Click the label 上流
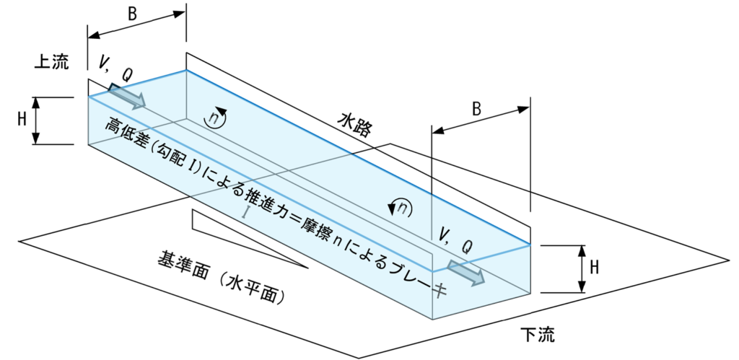tap(51, 62)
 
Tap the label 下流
tap(538, 335)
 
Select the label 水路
tap(354, 123)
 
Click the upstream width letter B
tap(133, 14)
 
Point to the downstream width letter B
tap(476, 109)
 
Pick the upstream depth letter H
tap(22, 119)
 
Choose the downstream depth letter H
tap(595, 267)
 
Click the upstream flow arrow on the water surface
tap(127, 96)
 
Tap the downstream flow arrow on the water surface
tap(465, 273)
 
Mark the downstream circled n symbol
tap(400, 207)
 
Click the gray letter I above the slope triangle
tap(245, 212)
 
